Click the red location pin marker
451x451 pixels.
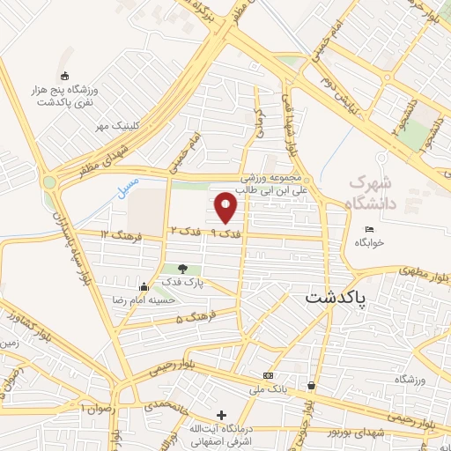226,207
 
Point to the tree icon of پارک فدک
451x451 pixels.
182,269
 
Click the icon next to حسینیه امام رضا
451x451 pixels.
144,286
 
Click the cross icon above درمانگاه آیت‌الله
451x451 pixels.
221,415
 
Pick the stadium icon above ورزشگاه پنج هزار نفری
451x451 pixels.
63,77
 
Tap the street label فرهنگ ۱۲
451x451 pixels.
116,234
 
